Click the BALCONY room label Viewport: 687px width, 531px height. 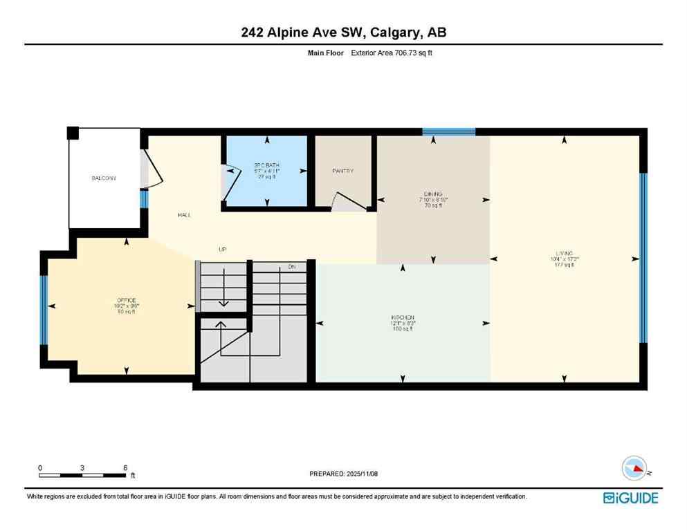coord(104,178)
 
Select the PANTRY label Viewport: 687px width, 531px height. coord(343,171)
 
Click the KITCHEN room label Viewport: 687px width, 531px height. coord(402,317)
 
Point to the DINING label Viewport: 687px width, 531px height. coord(433,194)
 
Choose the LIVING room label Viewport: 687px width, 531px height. coord(565,252)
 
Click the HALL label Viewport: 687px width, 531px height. coord(184,215)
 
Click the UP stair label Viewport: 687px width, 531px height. coord(222,250)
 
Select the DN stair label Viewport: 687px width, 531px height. coord(292,266)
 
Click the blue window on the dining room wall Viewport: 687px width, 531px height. coord(448,131)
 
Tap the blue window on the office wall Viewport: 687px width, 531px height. coord(44,310)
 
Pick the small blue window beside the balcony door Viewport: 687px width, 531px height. coord(144,199)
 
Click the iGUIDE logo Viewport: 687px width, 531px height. coord(630,498)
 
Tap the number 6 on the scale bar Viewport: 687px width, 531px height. coord(125,467)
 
